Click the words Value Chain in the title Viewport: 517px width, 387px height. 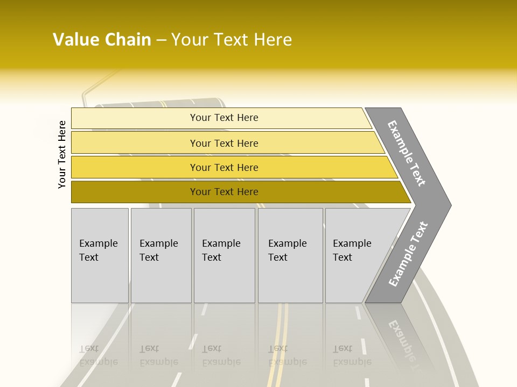102,40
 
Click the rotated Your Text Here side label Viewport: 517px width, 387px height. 62,154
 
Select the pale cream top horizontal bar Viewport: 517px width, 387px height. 135,118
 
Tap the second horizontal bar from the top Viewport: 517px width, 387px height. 135,143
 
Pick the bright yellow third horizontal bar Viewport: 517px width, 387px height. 135,167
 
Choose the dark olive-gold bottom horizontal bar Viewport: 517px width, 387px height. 135,192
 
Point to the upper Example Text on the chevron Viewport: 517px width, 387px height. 407,153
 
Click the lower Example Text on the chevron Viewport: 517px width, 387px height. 408,254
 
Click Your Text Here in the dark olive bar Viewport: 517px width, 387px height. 224,192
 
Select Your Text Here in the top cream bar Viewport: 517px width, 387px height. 224,118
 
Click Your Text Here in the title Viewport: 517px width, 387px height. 232,40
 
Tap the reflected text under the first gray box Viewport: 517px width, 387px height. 98,355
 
